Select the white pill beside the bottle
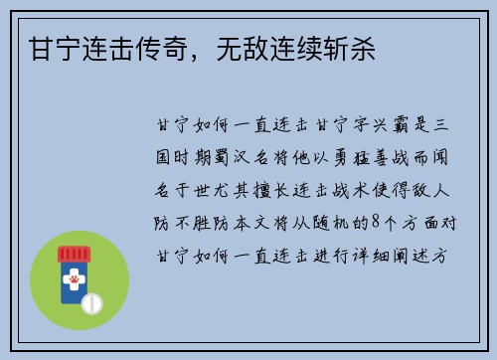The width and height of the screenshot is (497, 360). (93, 300)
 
